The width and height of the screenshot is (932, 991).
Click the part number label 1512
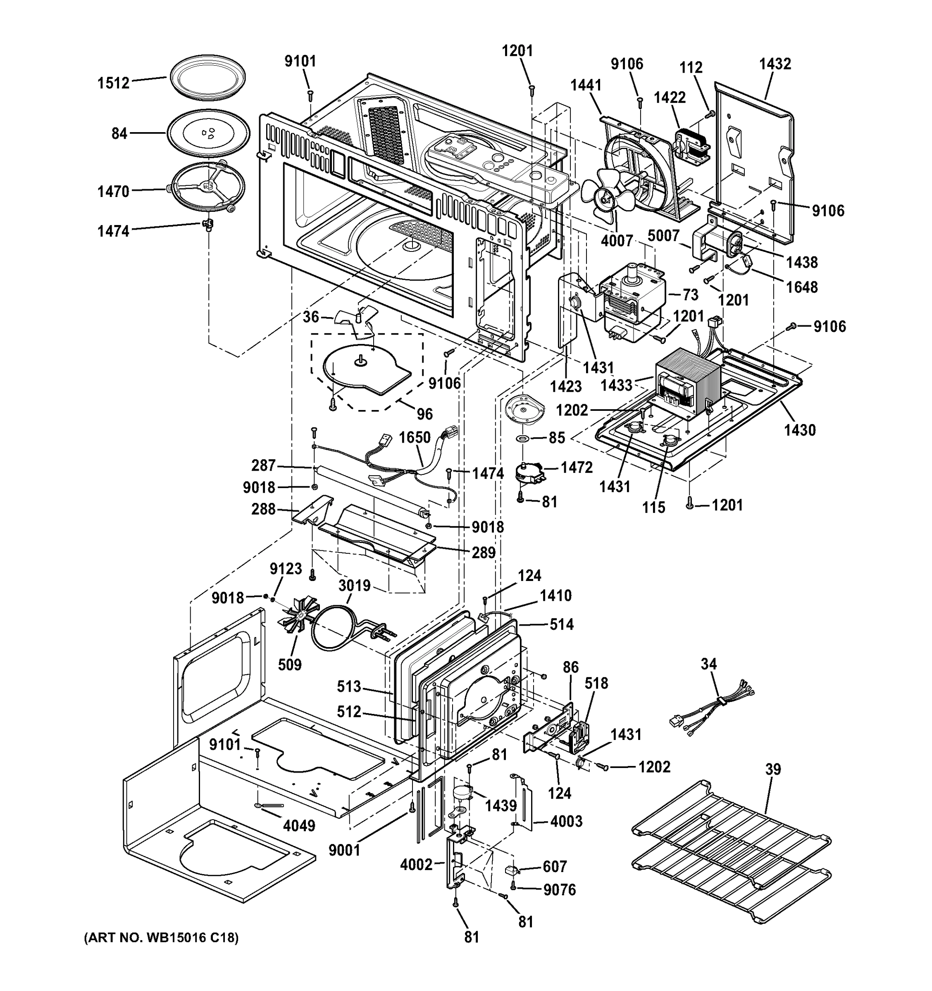[x=113, y=83]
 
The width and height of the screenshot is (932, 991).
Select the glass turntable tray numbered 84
[x=207, y=134]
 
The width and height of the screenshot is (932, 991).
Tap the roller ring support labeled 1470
[x=207, y=187]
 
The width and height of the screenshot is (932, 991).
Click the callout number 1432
[x=775, y=64]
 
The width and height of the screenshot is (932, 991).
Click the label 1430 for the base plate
[x=799, y=430]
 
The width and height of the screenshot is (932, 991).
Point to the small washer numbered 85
[x=523, y=438]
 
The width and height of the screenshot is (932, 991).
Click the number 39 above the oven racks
[x=773, y=769]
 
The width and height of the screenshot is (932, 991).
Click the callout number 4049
[x=299, y=825]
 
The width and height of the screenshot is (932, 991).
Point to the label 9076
[x=559, y=890]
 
